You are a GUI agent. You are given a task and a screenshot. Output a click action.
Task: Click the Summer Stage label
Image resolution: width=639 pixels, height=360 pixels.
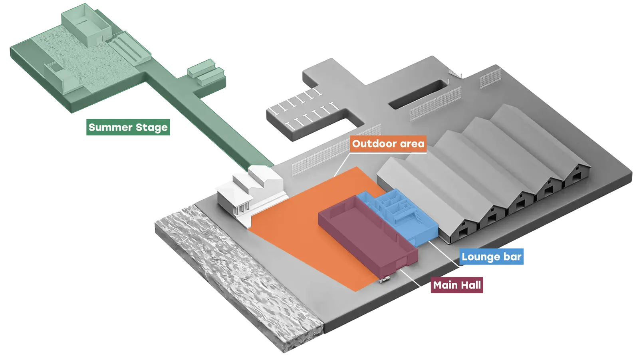[x=129, y=127]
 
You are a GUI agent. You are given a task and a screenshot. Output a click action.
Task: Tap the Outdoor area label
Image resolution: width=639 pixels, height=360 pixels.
[x=388, y=144]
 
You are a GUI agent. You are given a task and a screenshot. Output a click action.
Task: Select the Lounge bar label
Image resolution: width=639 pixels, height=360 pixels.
[x=491, y=257]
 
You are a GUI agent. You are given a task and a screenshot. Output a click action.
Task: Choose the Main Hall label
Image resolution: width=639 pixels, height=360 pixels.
[x=457, y=285]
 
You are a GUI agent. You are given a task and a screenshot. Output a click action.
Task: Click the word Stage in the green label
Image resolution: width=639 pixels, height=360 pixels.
[x=151, y=127]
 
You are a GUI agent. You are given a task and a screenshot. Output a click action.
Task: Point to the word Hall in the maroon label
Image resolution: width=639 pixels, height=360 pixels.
[x=471, y=285]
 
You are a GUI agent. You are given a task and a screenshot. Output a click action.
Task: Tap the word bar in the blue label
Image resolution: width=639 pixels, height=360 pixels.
[x=512, y=257]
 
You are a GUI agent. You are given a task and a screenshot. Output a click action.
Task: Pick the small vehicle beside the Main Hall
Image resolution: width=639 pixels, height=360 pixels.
[x=385, y=280]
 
